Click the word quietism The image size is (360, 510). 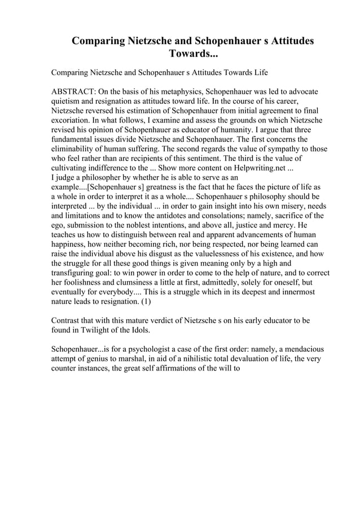point(68,101)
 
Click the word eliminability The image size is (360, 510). point(73,149)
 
